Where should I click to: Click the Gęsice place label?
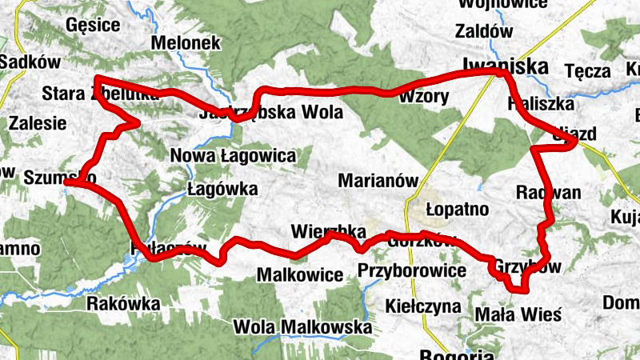tap(94, 25)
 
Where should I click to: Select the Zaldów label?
tap(483, 32)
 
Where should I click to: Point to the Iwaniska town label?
tap(504, 66)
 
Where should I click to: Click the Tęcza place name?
tap(587, 71)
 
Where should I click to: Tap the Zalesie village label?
tap(38, 123)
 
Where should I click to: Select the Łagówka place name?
tap(222, 189)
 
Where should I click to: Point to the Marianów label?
tap(378, 181)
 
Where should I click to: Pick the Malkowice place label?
tap(299, 275)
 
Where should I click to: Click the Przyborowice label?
tap(411, 270)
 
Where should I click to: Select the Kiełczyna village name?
tap(422, 306)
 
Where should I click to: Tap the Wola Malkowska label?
tap(302, 327)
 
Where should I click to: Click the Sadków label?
tap(26, 62)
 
